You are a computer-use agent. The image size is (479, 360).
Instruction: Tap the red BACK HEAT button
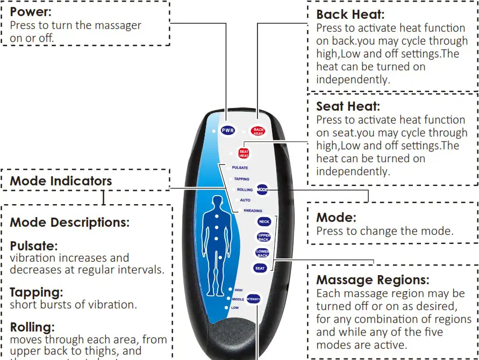(259, 131)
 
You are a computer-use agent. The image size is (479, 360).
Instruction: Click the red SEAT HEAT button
(244, 153)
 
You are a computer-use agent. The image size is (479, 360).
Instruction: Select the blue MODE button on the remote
(262, 190)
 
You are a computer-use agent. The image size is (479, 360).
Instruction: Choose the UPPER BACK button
(264, 237)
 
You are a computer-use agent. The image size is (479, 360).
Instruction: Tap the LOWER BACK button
(262, 253)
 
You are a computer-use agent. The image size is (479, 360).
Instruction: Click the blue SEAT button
(260, 268)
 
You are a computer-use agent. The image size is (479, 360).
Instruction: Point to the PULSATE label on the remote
(240, 168)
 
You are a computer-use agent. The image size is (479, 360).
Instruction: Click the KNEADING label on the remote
(253, 211)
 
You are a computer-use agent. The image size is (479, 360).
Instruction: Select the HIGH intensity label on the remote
(238, 290)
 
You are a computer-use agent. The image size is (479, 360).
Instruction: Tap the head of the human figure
(216, 202)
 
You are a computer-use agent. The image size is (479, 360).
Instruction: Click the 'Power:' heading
(31, 12)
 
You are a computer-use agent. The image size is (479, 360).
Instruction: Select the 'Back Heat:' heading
(350, 15)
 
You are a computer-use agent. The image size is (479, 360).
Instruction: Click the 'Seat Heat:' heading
(348, 106)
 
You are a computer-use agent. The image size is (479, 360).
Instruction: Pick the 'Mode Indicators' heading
(61, 181)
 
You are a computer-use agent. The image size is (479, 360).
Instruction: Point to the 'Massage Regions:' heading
(373, 280)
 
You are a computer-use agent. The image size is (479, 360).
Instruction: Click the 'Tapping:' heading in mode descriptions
(36, 292)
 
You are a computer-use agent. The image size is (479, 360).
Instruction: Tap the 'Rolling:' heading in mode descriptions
(32, 327)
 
